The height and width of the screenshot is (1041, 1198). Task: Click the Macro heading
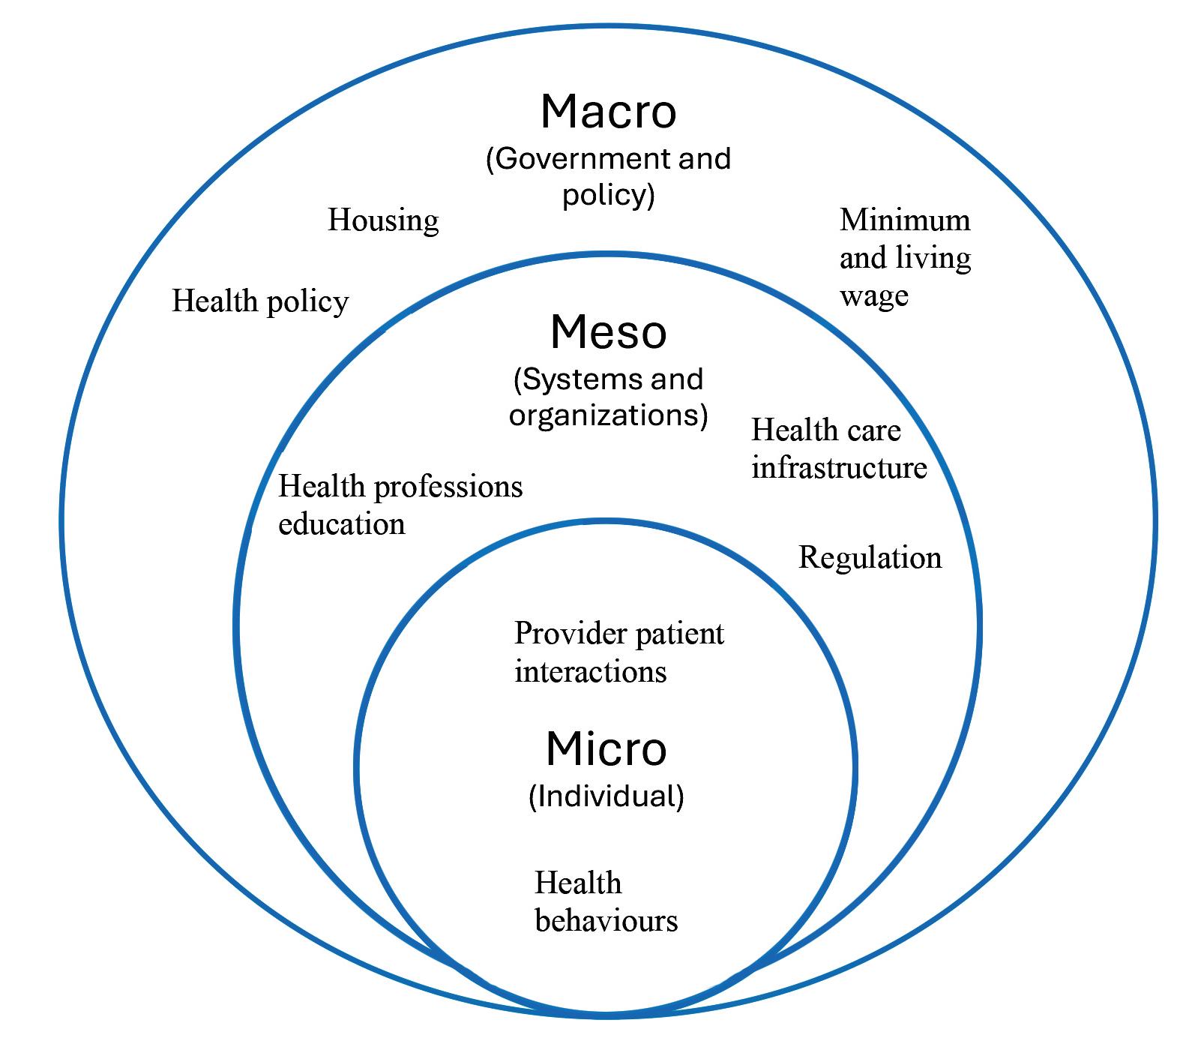point(608,112)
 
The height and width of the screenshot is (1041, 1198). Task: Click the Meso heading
point(608,332)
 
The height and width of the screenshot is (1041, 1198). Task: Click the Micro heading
point(606,748)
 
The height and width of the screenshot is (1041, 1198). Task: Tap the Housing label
point(383,220)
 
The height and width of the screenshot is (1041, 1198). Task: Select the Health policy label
point(260,301)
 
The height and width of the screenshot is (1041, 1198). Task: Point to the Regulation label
point(870,558)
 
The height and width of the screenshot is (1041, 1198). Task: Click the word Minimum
point(905,220)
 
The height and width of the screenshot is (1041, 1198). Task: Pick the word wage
point(873,295)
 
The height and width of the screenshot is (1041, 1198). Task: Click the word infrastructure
point(839,468)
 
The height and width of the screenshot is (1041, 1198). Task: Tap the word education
point(342,523)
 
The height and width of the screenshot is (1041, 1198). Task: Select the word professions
point(448,487)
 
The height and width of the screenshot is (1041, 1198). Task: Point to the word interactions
point(590,672)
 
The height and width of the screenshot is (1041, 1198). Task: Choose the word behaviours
point(606,921)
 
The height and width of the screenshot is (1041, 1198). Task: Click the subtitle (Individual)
point(606,796)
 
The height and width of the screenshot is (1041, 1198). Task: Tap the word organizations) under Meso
point(608,415)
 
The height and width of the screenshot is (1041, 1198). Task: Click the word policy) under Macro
point(608,195)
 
